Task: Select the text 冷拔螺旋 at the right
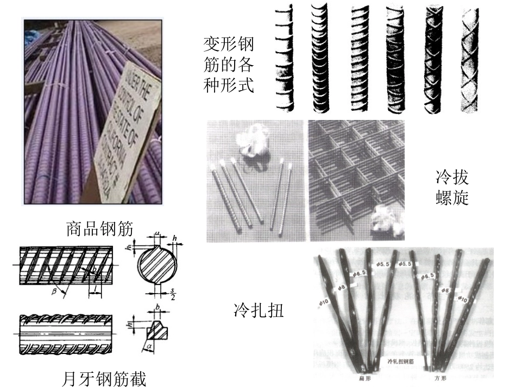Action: tap(452, 188)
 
